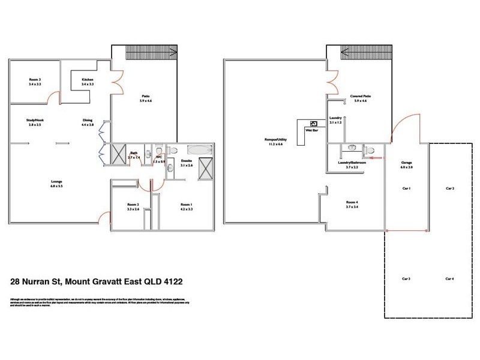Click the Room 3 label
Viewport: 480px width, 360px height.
[34, 80]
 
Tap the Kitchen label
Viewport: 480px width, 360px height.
[88, 80]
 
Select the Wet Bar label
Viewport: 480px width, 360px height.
[311, 130]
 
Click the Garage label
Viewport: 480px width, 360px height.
[406, 163]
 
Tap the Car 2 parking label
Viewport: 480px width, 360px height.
[450, 188]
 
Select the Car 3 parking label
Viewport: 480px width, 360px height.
[406, 279]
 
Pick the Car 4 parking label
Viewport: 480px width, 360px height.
[450, 279]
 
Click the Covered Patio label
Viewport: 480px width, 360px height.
[360, 96]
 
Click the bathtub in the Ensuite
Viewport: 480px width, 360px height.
[200, 149]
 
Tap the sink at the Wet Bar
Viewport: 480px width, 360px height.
[313, 123]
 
